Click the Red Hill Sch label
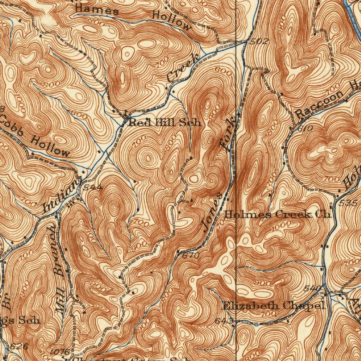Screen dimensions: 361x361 coord(165,123)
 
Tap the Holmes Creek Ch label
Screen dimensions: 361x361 coord(278,214)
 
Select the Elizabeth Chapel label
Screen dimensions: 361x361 coord(273,306)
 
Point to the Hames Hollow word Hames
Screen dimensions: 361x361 coord(97,10)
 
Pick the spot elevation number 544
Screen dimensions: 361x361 coord(93,187)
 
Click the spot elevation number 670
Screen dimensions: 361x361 coord(191,255)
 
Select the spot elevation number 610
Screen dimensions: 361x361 coord(305,129)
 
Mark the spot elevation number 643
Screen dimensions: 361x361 coord(224,321)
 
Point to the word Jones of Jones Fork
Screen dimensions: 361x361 coord(212,212)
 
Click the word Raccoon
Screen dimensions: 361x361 coord(319,104)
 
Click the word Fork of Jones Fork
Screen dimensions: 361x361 coord(228,134)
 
